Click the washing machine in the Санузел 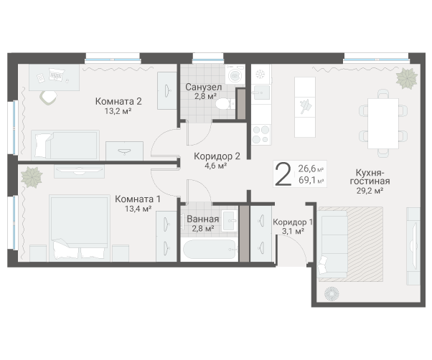235,74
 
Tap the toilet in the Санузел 225,104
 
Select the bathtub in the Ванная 210,250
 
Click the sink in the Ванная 229,221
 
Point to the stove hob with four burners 260,134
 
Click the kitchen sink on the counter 261,93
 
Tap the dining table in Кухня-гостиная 383,123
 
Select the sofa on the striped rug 332,244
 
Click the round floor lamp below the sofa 332,294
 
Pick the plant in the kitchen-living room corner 407,78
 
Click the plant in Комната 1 32,177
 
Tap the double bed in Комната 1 80,228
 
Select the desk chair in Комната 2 49,98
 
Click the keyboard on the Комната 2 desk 57,73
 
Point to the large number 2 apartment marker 283,174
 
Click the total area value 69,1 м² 311,181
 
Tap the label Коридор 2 217,156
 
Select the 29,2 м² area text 370,191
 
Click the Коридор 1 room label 293,222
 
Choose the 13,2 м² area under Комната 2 118,111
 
